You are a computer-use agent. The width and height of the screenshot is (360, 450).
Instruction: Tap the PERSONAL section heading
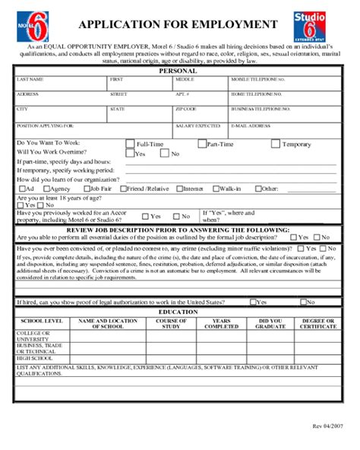point(177,71)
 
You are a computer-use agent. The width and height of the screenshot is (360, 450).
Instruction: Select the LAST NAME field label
point(30,79)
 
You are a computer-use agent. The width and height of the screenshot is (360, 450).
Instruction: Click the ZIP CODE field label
point(186,109)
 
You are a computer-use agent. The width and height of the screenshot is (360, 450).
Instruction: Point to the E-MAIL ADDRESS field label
point(250,124)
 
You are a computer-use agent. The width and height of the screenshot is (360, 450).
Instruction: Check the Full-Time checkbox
point(129,143)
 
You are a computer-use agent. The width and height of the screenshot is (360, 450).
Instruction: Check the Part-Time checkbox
point(201,143)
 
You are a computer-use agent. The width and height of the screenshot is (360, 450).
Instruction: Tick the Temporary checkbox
point(276,143)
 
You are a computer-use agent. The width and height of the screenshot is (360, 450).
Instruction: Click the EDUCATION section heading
point(178,312)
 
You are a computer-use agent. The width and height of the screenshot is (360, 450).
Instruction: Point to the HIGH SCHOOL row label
point(34,358)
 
